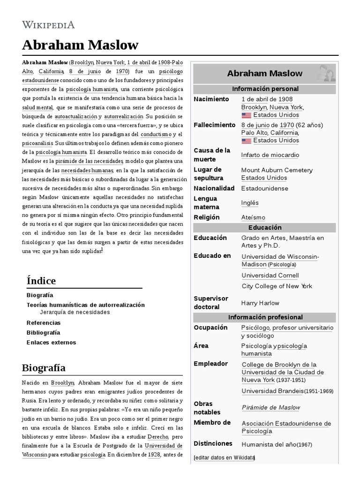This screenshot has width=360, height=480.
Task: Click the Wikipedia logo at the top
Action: coord(48,24)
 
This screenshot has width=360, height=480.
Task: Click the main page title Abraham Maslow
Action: coord(80,45)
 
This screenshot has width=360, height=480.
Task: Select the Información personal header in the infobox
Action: coord(265,89)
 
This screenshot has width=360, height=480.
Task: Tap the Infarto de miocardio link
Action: coord(270,155)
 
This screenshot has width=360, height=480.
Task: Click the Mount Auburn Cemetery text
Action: coord(277,170)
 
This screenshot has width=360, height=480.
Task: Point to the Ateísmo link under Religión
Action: coord(253,217)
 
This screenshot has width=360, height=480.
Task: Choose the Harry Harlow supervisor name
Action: coord(260,303)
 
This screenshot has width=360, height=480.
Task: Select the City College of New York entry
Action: coord(277,286)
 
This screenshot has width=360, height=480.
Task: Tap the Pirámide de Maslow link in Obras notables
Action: coord(271,408)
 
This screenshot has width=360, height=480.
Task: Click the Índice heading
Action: coord(41,281)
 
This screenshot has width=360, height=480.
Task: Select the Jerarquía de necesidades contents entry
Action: coord(75,312)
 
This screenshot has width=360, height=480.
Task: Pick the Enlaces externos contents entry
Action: coord(51,342)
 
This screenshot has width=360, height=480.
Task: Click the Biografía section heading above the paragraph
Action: coord(44,367)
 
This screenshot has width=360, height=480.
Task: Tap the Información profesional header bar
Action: coord(265,317)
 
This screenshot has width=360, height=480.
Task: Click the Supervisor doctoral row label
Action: coord(211,303)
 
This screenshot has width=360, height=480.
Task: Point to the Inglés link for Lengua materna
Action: coord(250,203)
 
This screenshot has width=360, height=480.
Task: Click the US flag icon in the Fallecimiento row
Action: coord(246,141)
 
